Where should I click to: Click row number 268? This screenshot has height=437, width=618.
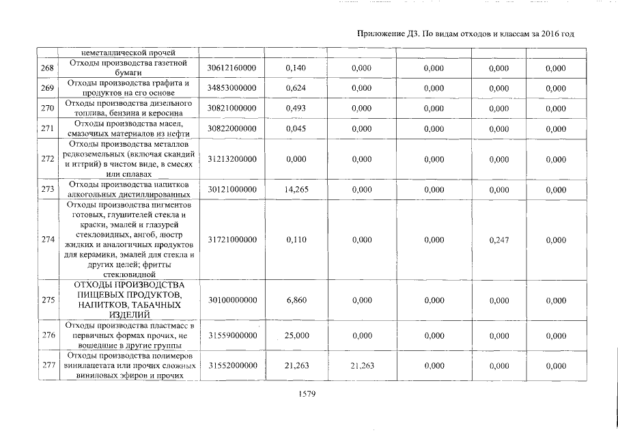[x=47, y=68]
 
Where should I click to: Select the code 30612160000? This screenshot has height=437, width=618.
[x=231, y=68]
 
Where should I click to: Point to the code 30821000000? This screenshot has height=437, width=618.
[x=231, y=108]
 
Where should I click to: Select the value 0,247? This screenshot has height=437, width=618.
[x=499, y=240]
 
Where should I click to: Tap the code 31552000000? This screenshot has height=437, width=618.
[x=231, y=365]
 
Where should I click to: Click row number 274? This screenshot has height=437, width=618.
[x=47, y=240]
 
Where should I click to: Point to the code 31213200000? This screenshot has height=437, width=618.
[x=231, y=158]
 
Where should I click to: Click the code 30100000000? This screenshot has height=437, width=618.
[x=231, y=300]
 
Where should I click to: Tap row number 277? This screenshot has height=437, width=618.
[x=47, y=365]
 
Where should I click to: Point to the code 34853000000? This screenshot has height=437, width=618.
[x=231, y=88]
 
